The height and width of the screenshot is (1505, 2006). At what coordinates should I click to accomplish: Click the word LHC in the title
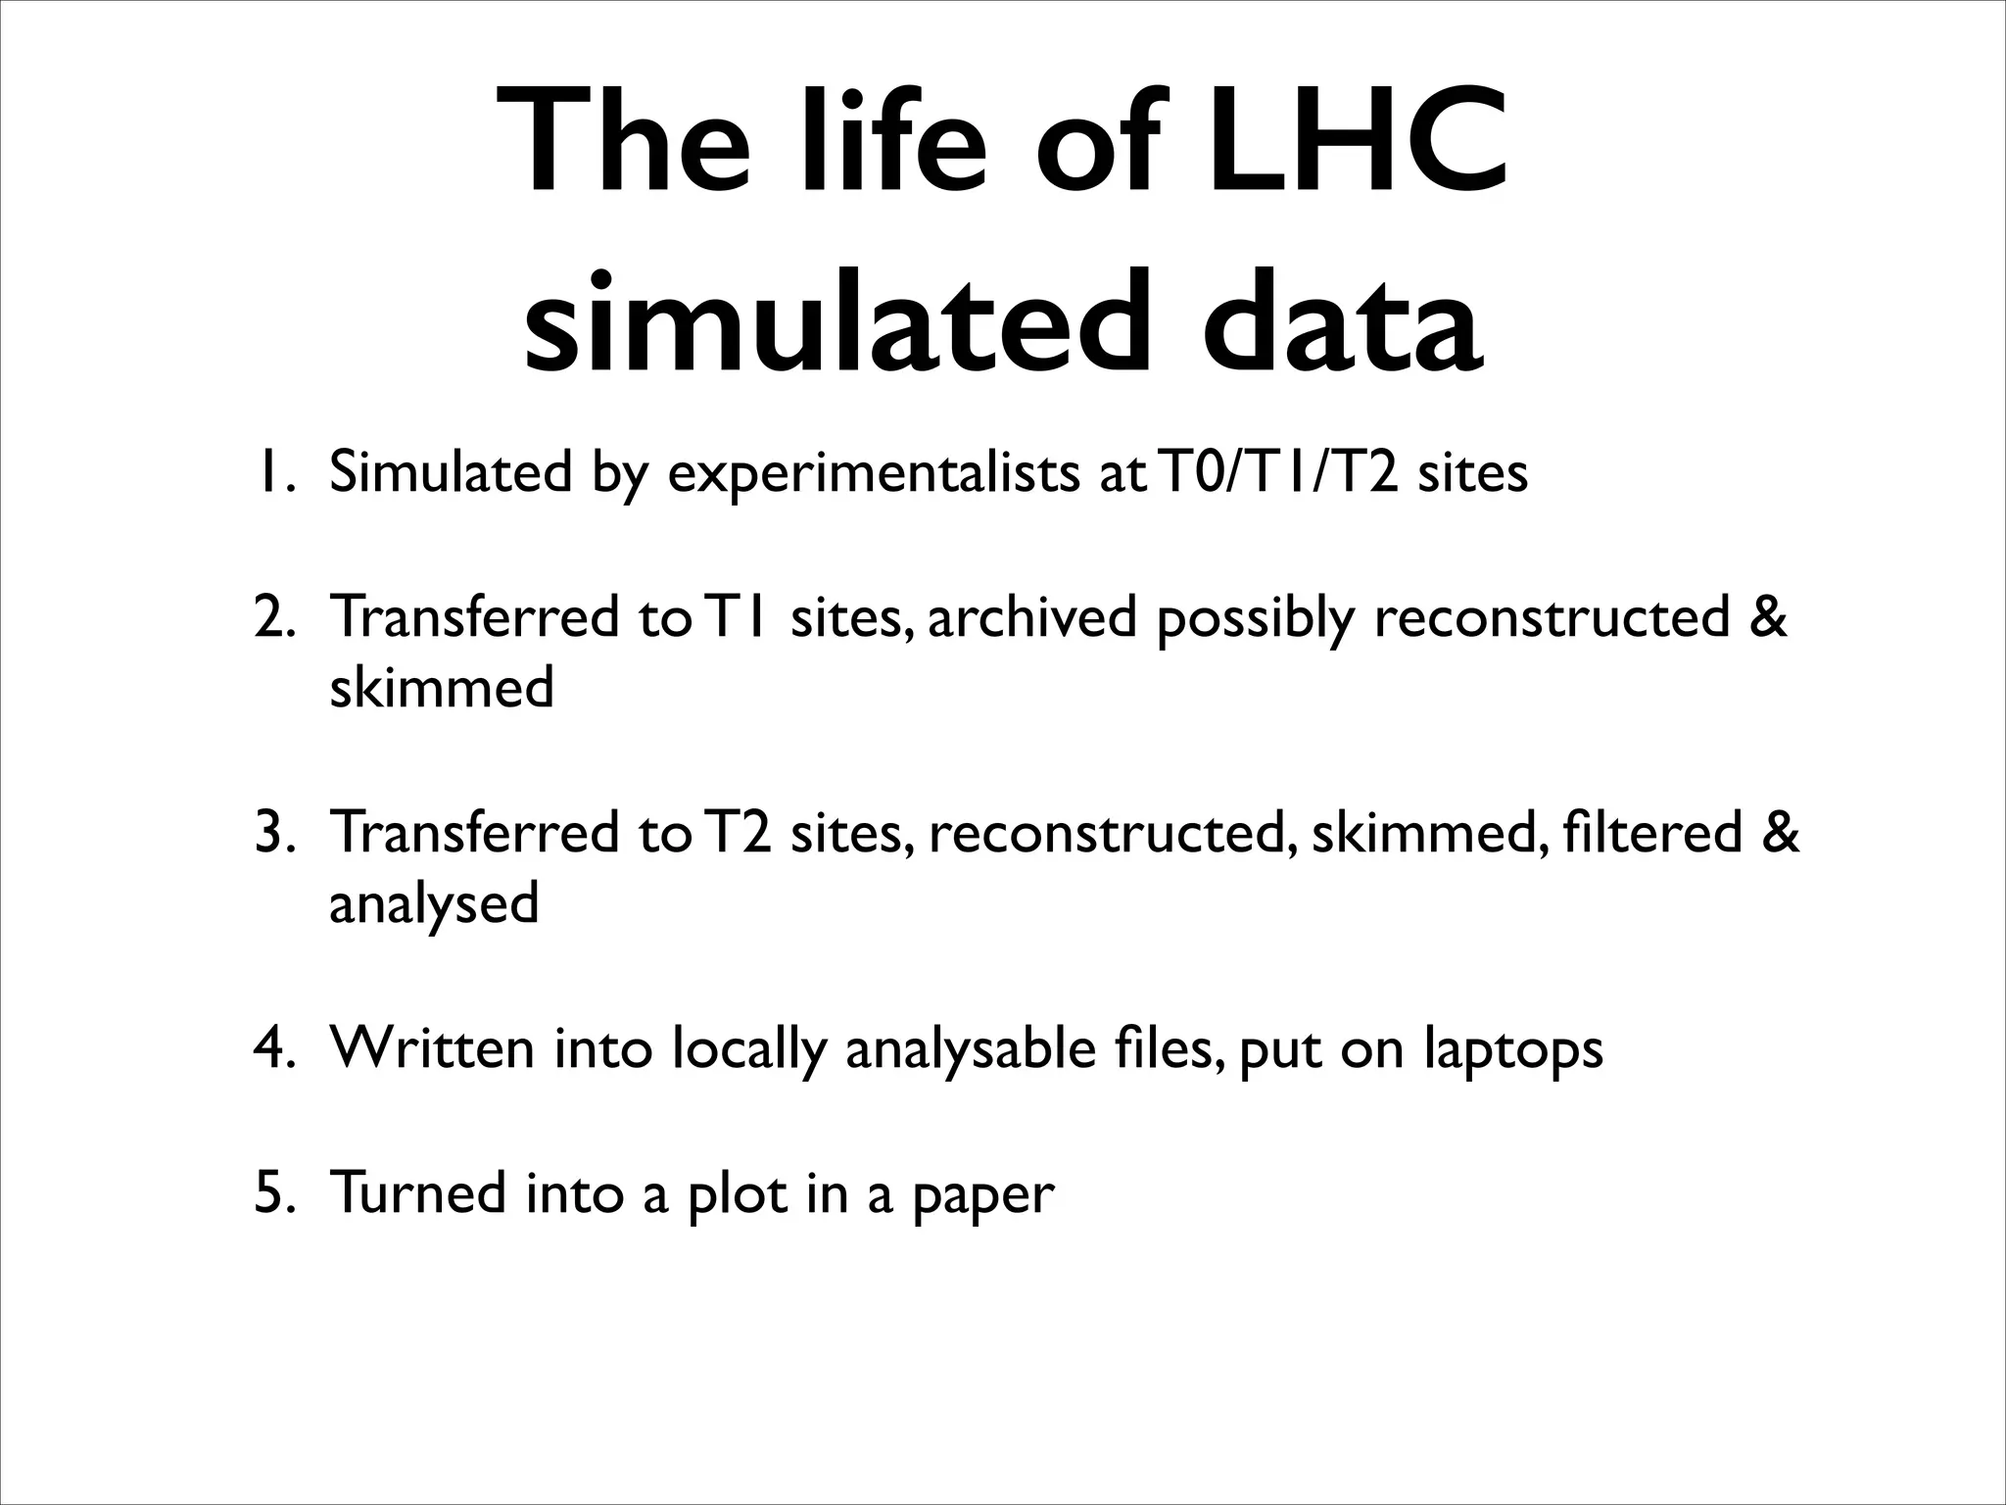pos(1357,144)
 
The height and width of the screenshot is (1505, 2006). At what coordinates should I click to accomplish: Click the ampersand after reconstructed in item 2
pos(1768,618)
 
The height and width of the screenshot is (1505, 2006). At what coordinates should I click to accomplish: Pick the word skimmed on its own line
pos(442,687)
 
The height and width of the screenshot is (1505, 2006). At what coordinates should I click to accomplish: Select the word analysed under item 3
pos(434,904)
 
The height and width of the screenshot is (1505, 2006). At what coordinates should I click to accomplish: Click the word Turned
pos(418,1193)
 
